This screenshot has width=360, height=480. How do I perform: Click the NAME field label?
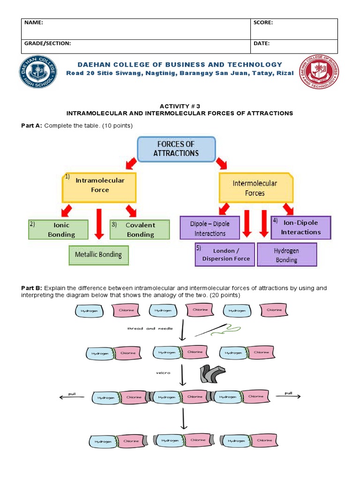33,22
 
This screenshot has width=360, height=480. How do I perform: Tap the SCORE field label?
263,22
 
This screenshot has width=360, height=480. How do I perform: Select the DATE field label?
262,43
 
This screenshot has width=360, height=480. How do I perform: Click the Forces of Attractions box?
176,149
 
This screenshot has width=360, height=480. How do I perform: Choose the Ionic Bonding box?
58,230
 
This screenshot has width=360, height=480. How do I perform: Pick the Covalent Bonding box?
139,230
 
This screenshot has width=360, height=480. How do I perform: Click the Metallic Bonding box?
98,255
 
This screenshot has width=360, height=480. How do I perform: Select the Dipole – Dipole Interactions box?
210,228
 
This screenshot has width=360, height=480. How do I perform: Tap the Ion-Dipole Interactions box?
301,227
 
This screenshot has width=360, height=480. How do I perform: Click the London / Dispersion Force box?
225,255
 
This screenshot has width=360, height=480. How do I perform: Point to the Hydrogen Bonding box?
287,255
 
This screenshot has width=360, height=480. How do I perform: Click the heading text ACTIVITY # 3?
180,106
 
